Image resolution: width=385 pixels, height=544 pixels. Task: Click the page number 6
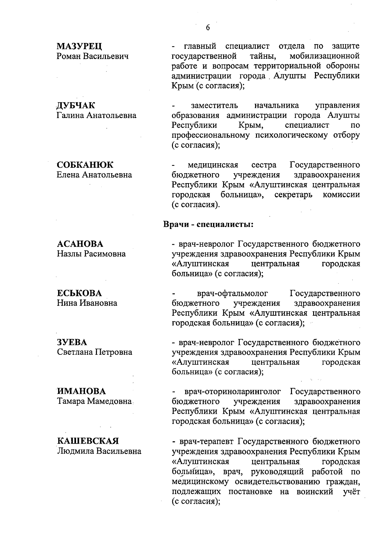(x=208, y=28)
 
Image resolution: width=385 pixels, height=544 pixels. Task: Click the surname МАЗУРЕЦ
(x=79, y=47)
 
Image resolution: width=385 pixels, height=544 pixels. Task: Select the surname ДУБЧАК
(x=76, y=106)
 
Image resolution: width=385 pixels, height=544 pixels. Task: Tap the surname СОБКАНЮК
(x=85, y=165)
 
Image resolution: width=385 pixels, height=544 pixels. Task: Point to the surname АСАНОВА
(x=80, y=244)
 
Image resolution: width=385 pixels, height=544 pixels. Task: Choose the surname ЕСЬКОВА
(x=79, y=293)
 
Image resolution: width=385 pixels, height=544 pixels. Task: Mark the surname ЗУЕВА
(x=72, y=342)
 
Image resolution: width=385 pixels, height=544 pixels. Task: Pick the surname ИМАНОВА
(x=81, y=392)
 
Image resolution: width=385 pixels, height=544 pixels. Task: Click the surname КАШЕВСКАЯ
(x=88, y=441)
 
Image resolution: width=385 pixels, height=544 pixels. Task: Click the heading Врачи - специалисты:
(x=209, y=224)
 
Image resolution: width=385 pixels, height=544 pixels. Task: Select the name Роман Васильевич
(x=93, y=56)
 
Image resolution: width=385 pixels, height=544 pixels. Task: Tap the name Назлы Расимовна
(x=91, y=254)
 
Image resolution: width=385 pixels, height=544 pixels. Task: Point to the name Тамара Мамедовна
(x=94, y=401)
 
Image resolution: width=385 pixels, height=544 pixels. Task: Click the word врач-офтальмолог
(x=232, y=293)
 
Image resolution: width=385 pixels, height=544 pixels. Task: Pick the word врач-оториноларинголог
(x=233, y=392)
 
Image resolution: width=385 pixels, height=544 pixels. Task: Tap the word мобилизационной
(x=324, y=56)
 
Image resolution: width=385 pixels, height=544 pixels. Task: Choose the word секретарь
(x=293, y=195)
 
